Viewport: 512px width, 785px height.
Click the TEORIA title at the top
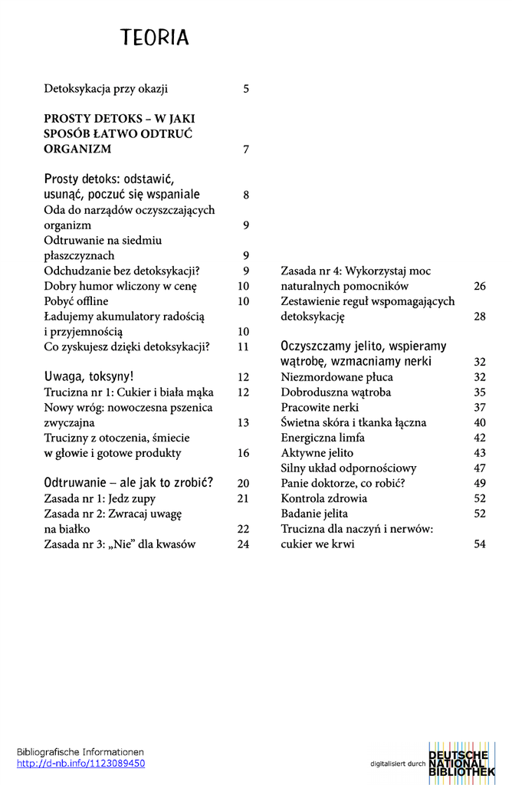pos(154,38)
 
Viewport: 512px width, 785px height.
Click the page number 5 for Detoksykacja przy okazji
pos(246,89)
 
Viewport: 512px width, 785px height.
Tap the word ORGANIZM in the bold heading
pos(77,149)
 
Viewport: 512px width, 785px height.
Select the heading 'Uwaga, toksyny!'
pos(89,376)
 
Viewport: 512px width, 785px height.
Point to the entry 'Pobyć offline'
pos(76,301)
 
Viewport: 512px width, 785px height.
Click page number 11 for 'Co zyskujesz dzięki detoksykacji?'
pos(244,347)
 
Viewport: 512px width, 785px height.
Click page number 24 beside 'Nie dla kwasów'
pos(244,545)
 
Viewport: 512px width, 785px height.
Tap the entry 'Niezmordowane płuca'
pos(336,377)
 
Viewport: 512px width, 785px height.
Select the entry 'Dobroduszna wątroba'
pos(336,392)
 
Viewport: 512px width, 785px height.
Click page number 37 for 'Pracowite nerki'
pos(480,408)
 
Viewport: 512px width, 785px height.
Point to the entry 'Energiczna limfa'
pos(323,438)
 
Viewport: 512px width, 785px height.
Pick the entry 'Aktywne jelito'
pos(317,453)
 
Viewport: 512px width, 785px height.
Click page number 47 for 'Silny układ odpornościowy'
pos(480,468)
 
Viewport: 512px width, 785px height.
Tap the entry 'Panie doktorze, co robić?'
pos(342,484)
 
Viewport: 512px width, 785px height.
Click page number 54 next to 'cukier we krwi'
pos(480,545)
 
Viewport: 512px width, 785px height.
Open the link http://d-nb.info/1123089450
pos(80,764)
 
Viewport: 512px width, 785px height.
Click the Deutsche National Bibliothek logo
pos(461,762)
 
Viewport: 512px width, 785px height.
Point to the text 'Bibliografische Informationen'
pos(80,752)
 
